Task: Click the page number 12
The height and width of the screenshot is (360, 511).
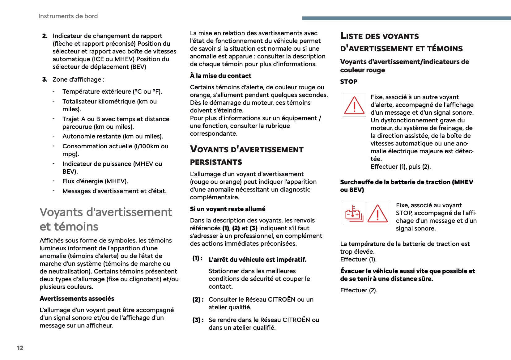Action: click(20, 348)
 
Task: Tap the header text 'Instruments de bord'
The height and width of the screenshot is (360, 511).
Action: click(68, 16)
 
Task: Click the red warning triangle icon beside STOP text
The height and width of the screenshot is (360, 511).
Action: click(354, 105)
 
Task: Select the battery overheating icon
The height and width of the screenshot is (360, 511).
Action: click(354, 213)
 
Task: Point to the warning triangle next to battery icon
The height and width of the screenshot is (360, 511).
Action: click(377, 213)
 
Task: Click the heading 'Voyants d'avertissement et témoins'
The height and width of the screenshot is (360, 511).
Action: click(106, 219)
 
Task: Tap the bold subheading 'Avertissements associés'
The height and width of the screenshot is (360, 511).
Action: click(77, 299)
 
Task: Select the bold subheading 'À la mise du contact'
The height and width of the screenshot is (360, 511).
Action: click(220, 76)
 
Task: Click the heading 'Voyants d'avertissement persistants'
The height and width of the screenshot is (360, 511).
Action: click(246, 155)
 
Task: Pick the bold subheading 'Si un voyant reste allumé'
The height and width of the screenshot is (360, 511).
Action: click(228, 209)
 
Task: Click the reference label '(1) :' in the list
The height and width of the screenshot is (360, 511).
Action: click(198, 258)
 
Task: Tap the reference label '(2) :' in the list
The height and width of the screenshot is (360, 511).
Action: click(198, 299)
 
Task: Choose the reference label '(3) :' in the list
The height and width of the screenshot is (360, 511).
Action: click(198, 320)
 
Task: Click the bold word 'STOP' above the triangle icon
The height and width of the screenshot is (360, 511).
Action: click(349, 82)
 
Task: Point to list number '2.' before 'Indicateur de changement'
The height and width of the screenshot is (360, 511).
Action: click(45, 36)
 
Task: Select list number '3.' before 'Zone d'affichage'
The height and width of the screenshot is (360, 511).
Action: click(45, 79)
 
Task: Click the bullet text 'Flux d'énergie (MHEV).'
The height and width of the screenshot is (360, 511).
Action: click(95, 181)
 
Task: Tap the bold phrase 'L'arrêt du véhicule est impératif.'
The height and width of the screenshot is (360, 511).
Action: click(258, 260)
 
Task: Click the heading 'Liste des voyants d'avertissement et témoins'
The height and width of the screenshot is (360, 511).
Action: click(401, 42)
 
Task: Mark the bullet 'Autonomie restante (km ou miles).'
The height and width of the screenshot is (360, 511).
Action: click(113, 136)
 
